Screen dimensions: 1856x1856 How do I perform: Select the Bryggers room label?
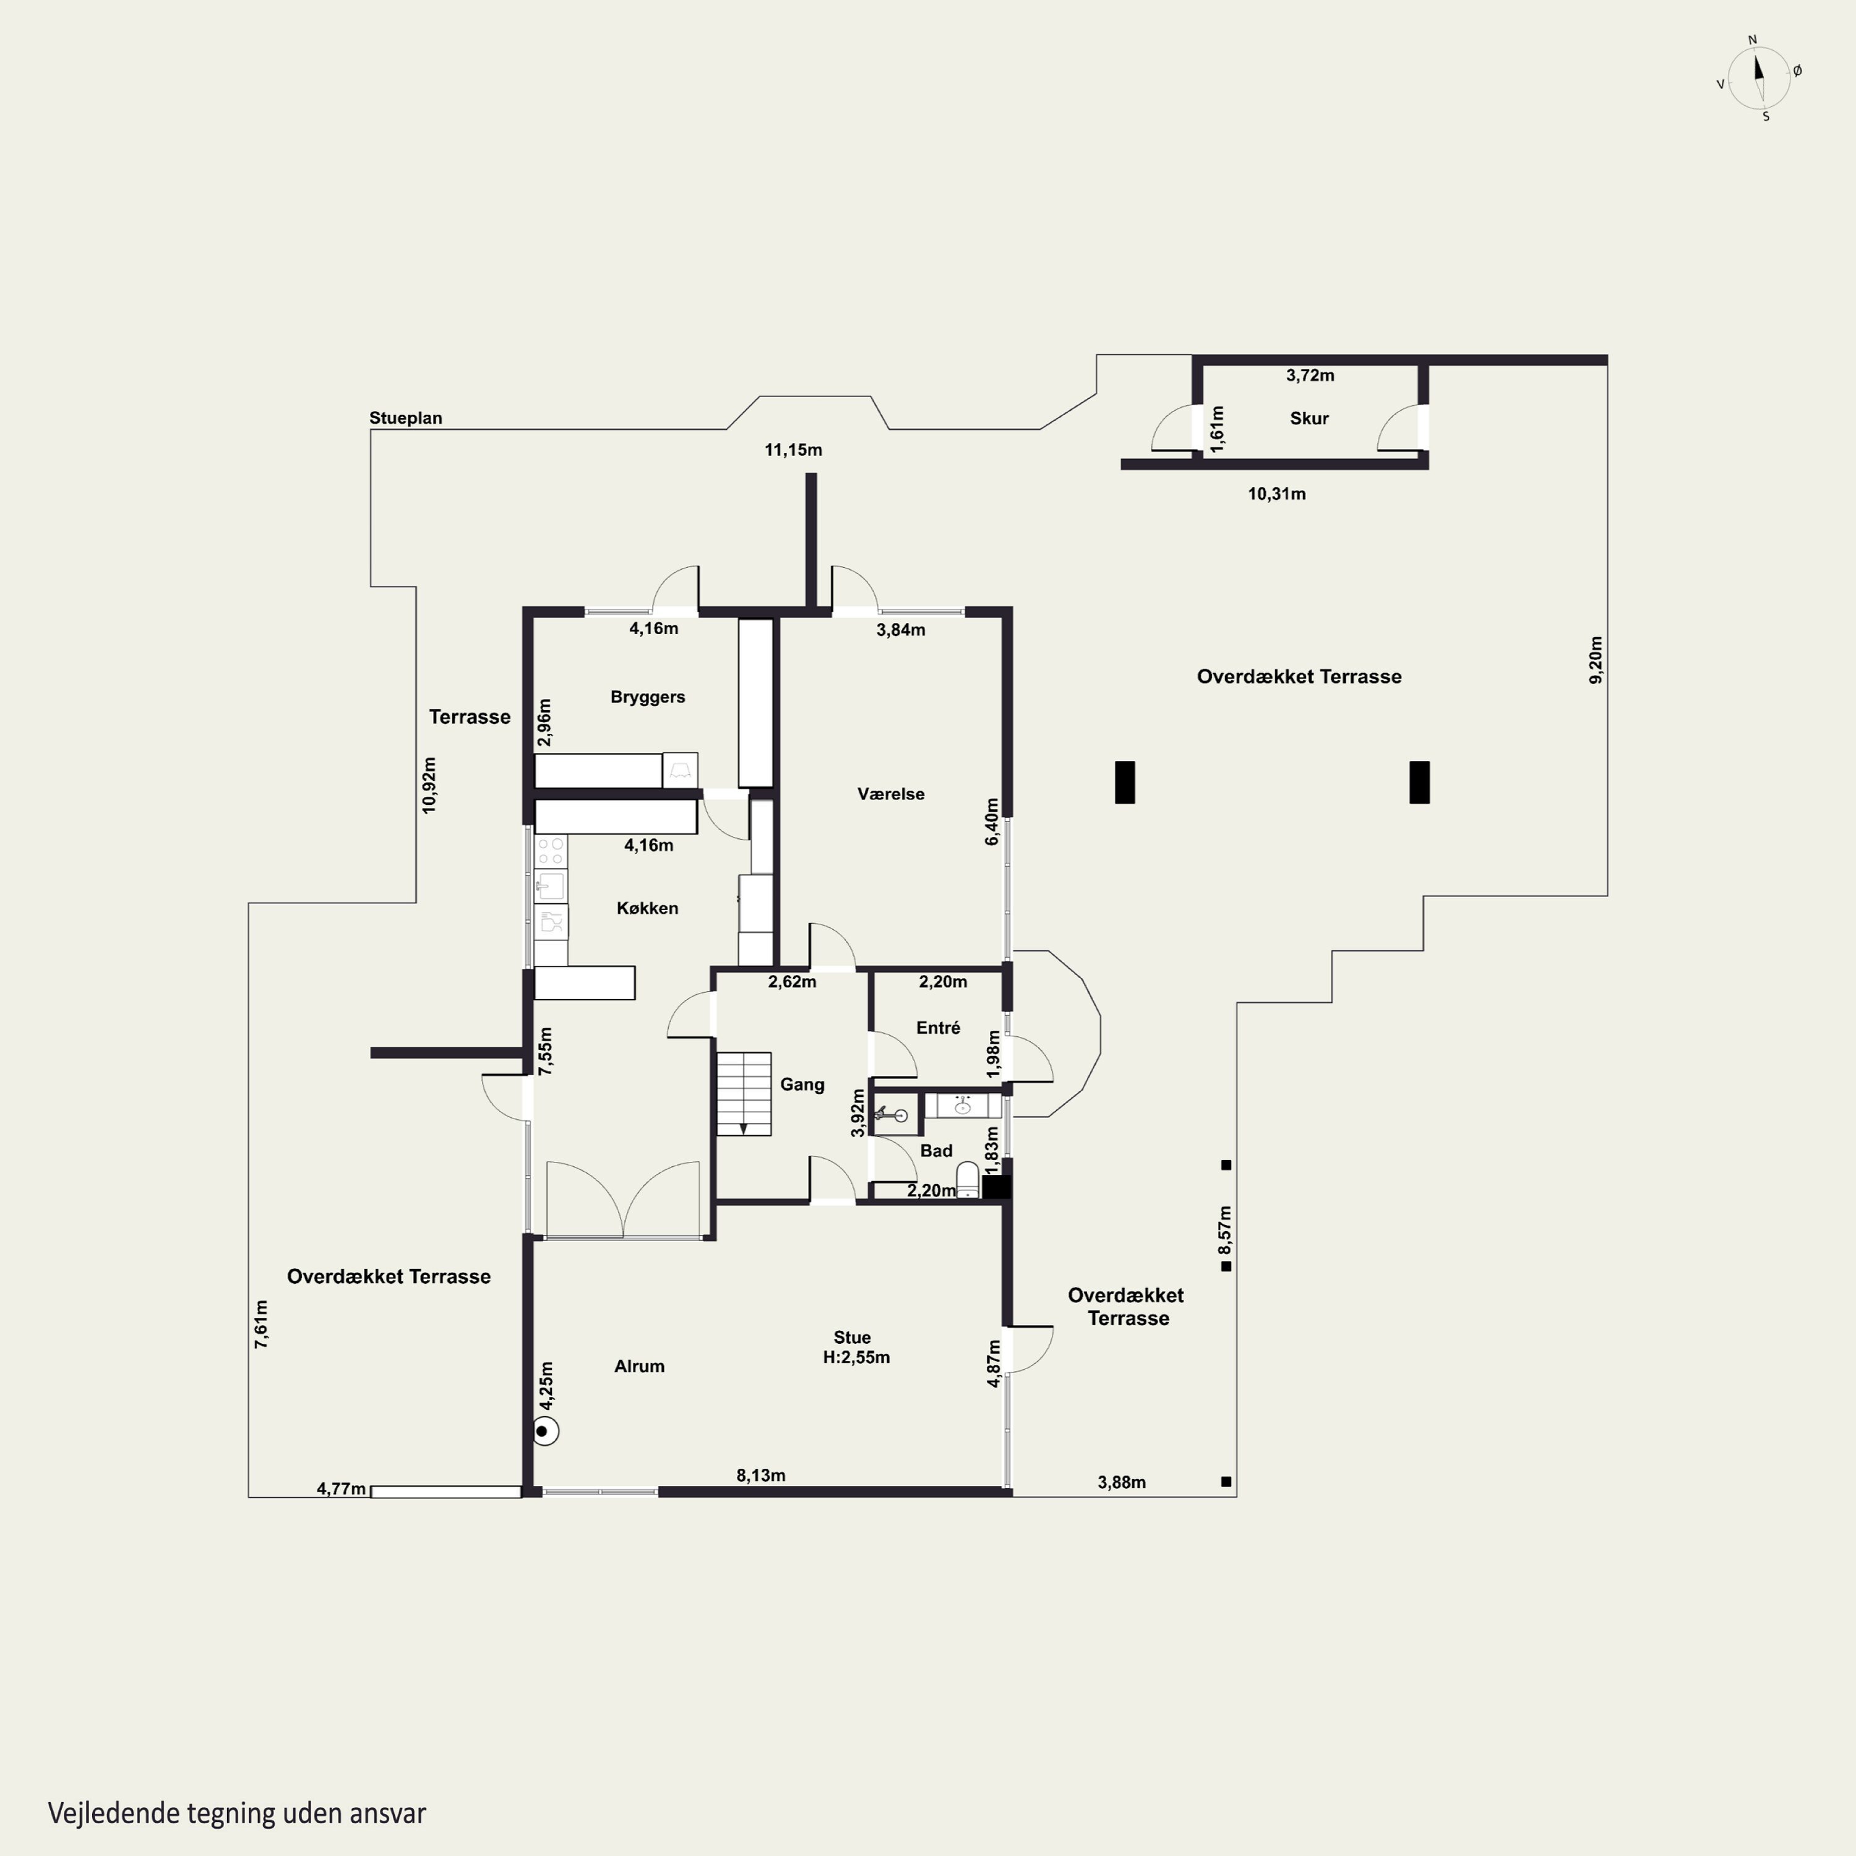pyautogui.click(x=648, y=697)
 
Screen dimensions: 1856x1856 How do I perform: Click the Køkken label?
pyautogui.click(x=648, y=908)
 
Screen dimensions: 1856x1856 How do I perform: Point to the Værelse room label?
pyautogui.click(x=890, y=794)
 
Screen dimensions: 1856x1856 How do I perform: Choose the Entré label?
pyautogui.click(x=939, y=1028)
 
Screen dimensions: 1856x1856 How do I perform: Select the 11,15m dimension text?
pyautogui.click(x=794, y=450)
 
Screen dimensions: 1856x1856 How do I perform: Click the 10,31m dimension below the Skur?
pyautogui.click(x=1277, y=494)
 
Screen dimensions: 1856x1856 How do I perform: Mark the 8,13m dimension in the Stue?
pyautogui.click(x=761, y=1475)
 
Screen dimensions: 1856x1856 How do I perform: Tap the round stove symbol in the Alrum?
pyautogui.click(x=546, y=1432)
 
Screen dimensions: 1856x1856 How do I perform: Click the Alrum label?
pyautogui.click(x=639, y=1366)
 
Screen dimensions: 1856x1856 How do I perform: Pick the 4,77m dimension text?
pyautogui.click(x=341, y=1489)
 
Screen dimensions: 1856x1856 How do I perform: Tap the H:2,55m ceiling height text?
pyautogui.click(x=856, y=1357)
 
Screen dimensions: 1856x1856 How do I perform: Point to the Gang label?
pyautogui.click(x=802, y=1085)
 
